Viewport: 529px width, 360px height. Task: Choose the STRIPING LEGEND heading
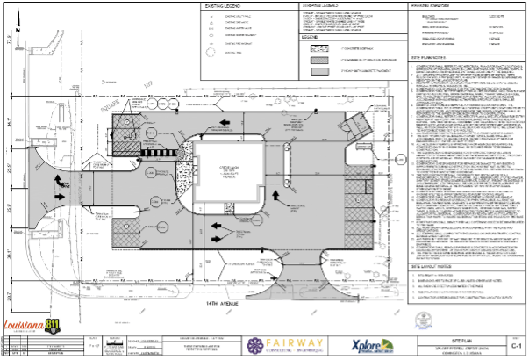tap(321, 7)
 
